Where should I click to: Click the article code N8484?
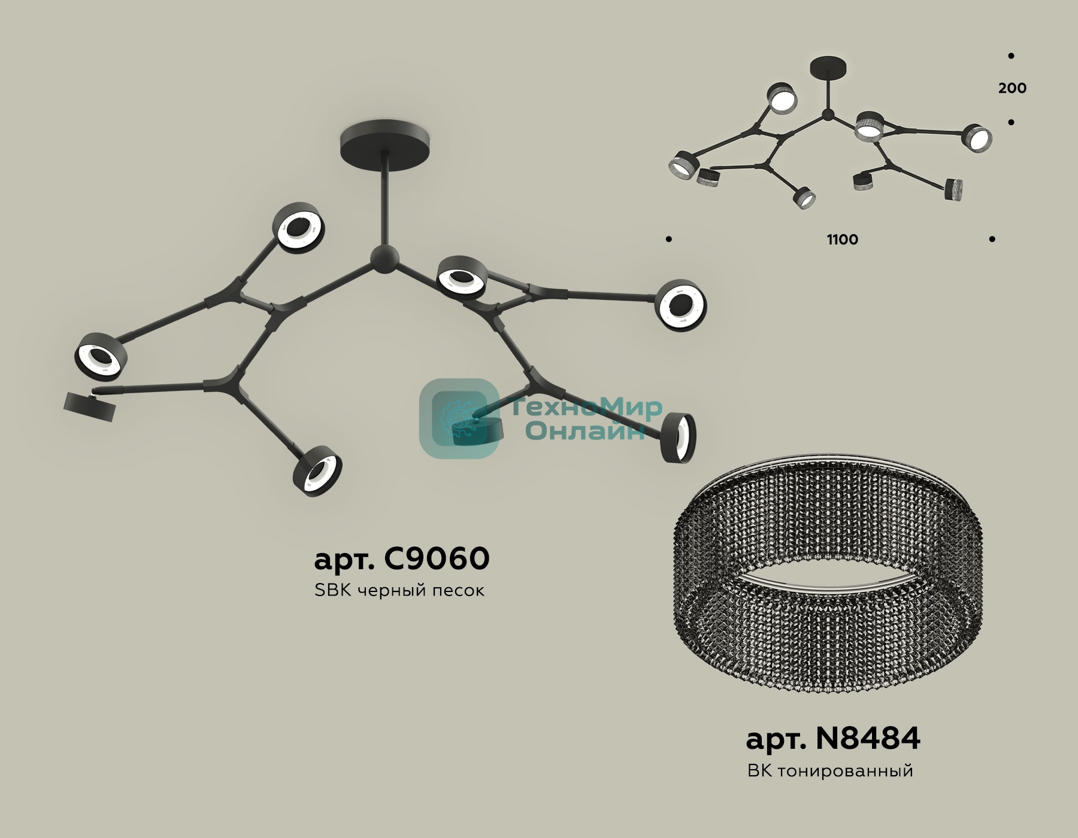868,739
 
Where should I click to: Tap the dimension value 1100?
843,239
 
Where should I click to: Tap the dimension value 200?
1012,88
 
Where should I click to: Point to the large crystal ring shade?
827,575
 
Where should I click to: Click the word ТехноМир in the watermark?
587,408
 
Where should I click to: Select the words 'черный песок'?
421,591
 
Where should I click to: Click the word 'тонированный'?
846,770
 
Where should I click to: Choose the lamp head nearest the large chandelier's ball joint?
461,278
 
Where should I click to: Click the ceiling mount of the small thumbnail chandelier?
828,66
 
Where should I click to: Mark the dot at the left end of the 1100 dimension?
669,239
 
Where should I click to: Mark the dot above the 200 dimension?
1011,56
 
